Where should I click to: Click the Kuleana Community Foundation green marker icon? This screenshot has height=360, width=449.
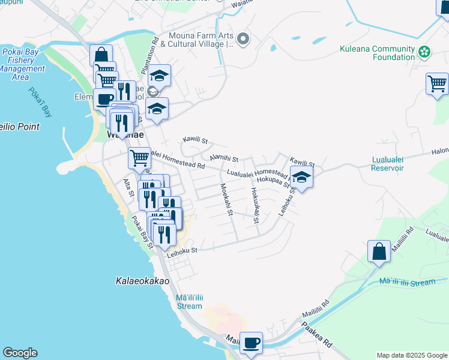click(424, 53)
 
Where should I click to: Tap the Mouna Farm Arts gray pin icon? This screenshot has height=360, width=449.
click(243, 40)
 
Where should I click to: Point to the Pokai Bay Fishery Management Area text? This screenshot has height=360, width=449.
click(22, 65)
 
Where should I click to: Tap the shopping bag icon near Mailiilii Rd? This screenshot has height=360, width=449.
click(379, 251)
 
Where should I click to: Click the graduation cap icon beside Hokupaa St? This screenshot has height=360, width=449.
click(301, 177)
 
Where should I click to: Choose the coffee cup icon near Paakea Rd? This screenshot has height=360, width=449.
click(251, 343)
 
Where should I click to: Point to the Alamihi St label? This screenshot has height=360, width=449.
click(224, 158)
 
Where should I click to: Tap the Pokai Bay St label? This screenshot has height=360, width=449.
click(143, 232)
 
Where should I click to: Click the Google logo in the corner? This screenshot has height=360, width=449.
click(20, 353)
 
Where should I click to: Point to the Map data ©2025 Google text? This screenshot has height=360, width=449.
click(411, 355)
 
